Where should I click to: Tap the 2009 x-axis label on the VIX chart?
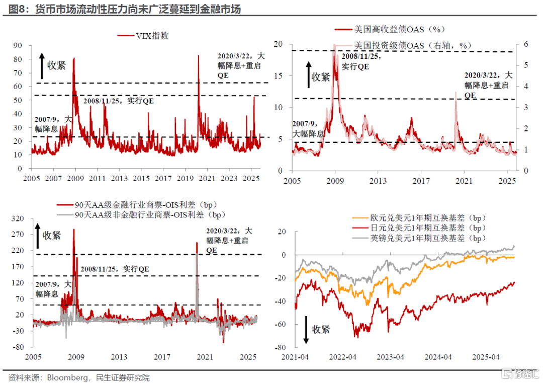coord(75,179)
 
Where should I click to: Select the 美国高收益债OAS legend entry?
coord(390,29)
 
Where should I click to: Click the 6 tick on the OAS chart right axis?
coord(525,44)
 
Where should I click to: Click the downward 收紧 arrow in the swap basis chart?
coord(305,330)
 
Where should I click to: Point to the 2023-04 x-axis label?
coord(391,357)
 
